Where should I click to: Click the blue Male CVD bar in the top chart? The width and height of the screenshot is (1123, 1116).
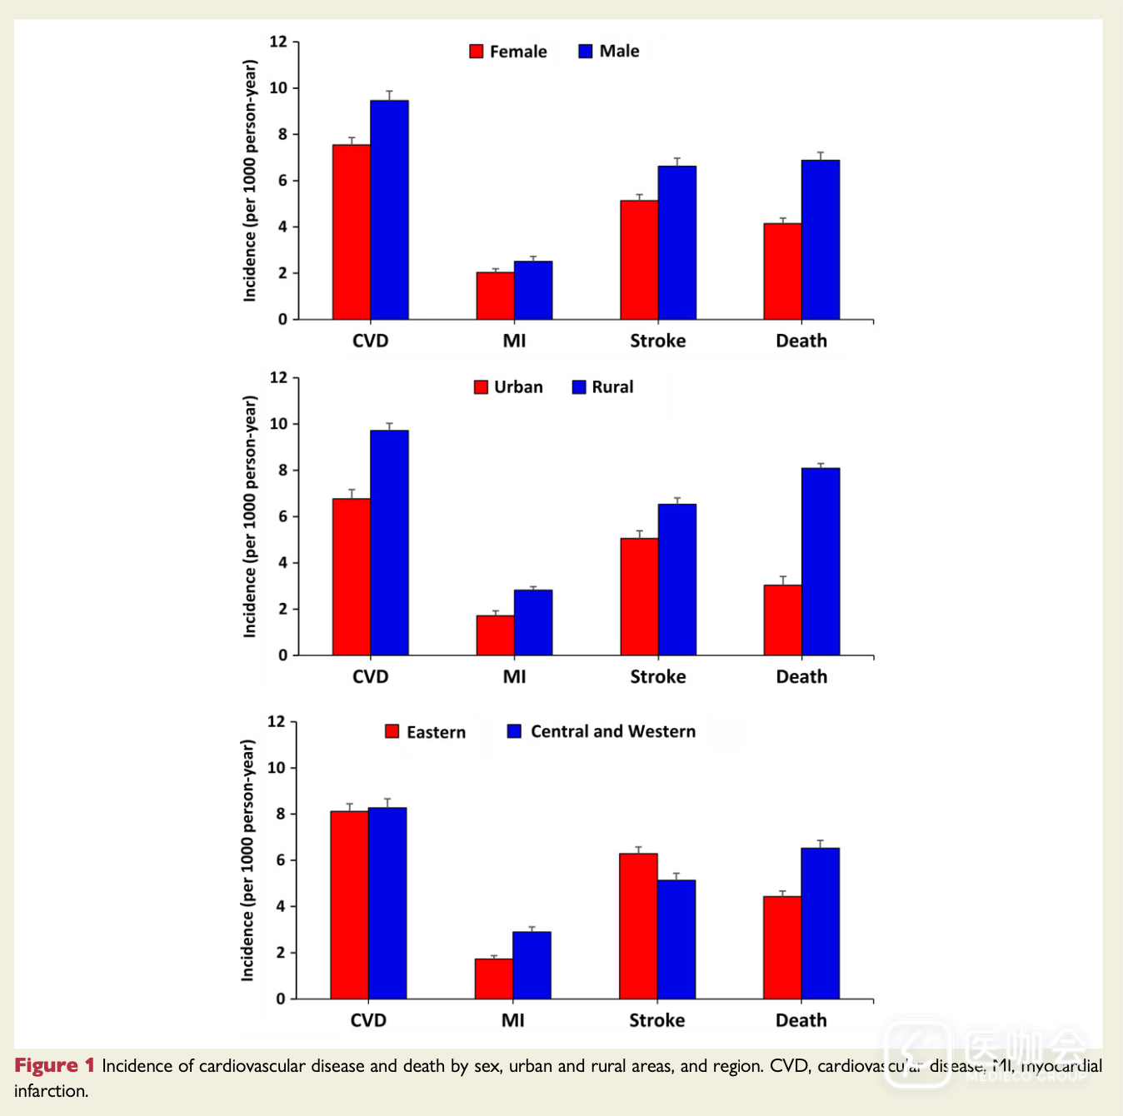[x=389, y=210]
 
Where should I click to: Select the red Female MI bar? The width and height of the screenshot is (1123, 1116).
[x=495, y=296]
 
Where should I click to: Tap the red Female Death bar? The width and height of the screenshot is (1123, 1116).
[x=782, y=272]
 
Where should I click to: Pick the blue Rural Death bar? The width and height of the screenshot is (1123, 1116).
[x=821, y=562]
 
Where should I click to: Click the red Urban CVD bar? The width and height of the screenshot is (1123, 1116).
[x=352, y=577]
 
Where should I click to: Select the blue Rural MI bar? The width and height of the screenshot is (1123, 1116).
[x=533, y=623]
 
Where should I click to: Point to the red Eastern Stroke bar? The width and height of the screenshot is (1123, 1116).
[x=638, y=926]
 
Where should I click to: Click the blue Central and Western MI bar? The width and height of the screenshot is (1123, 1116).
[x=532, y=965]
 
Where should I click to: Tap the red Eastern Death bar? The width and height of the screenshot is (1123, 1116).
[x=782, y=948]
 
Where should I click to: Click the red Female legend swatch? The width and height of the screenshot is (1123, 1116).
[x=477, y=52]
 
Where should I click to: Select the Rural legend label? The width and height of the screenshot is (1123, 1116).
[x=612, y=387]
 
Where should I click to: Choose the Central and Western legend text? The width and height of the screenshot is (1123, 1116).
[x=613, y=731]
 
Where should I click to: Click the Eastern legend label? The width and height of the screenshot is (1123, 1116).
[x=436, y=732]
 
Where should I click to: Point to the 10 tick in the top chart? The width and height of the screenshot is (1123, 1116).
[x=278, y=88]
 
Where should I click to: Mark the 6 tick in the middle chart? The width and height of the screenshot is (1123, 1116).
[x=282, y=516]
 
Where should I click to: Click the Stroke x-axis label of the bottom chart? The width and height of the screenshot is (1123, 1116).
[x=656, y=1020]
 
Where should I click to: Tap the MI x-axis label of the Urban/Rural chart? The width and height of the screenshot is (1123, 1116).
[x=514, y=676]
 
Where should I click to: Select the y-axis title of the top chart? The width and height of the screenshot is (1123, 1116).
[x=250, y=181]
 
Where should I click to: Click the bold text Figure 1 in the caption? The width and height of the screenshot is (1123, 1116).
[x=54, y=1066]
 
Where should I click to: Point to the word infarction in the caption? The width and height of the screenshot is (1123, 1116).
[x=51, y=1091]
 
